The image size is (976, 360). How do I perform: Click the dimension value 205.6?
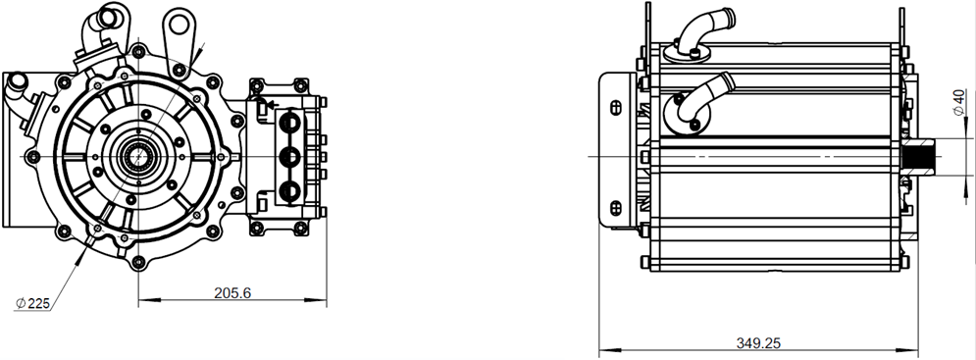click(x=232, y=292)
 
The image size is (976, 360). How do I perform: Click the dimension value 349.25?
click(x=758, y=343)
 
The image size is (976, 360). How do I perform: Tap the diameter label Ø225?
click(x=32, y=303)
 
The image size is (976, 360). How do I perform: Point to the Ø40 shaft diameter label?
click(x=958, y=101)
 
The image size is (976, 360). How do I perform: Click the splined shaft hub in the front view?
click(x=138, y=156)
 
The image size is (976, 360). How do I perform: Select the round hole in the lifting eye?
click(x=180, y=25)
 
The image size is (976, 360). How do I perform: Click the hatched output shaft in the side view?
click(x=919, y=156)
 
